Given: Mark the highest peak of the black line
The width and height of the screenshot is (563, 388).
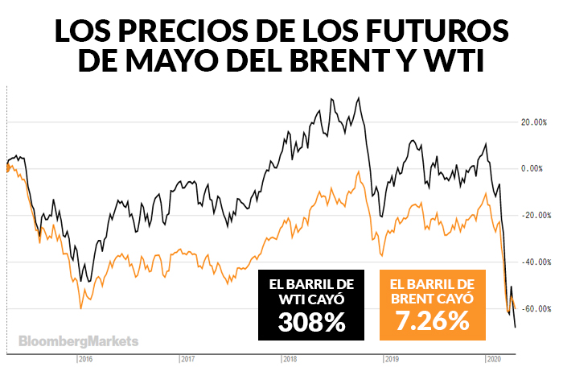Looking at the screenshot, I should click(358, 98).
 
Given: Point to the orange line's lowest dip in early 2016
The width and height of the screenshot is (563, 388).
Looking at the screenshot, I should click(80, 308).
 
